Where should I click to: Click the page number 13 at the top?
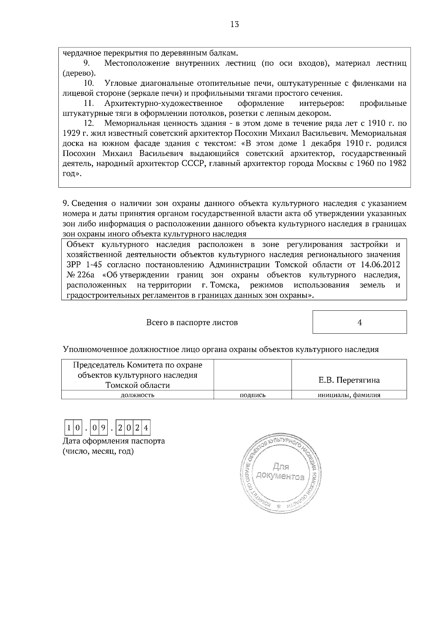pyautogui.click(x=235, y=24)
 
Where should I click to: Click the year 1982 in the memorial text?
pyautogui.click(x=397, y=163)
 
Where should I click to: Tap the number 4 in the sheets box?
pyautogui.click(x=360, y=322)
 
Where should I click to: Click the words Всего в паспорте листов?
pyautogui.click(x=192, y=322)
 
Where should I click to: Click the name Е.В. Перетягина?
pyautogui.click(x=349, y=380)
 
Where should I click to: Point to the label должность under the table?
pyautogui.click(x=137, y=395)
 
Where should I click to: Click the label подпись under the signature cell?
pyautogui.click(x=252, y=395)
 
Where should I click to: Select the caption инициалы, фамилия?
pyautogui.click(x=349, y=395)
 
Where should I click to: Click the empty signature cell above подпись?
pyautogui.click(x=252, y=375)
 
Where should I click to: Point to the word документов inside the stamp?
pyautogui.click(x=280, y=476)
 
